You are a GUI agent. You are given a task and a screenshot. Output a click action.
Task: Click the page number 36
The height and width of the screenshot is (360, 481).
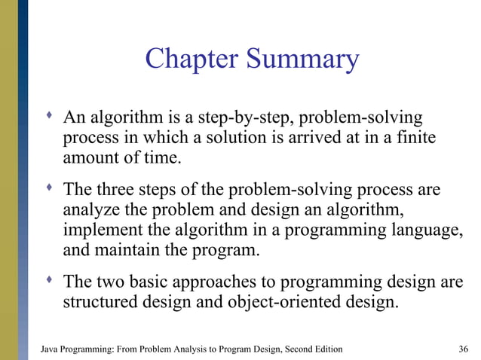click(x=464, y=349)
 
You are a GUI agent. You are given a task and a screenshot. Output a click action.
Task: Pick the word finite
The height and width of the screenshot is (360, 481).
click(x=416, y=139)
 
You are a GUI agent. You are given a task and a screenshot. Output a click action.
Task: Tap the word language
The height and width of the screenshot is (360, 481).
click(x=425, y=229)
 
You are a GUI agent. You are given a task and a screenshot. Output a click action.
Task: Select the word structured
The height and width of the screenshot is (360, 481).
click(x=102, y=304)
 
